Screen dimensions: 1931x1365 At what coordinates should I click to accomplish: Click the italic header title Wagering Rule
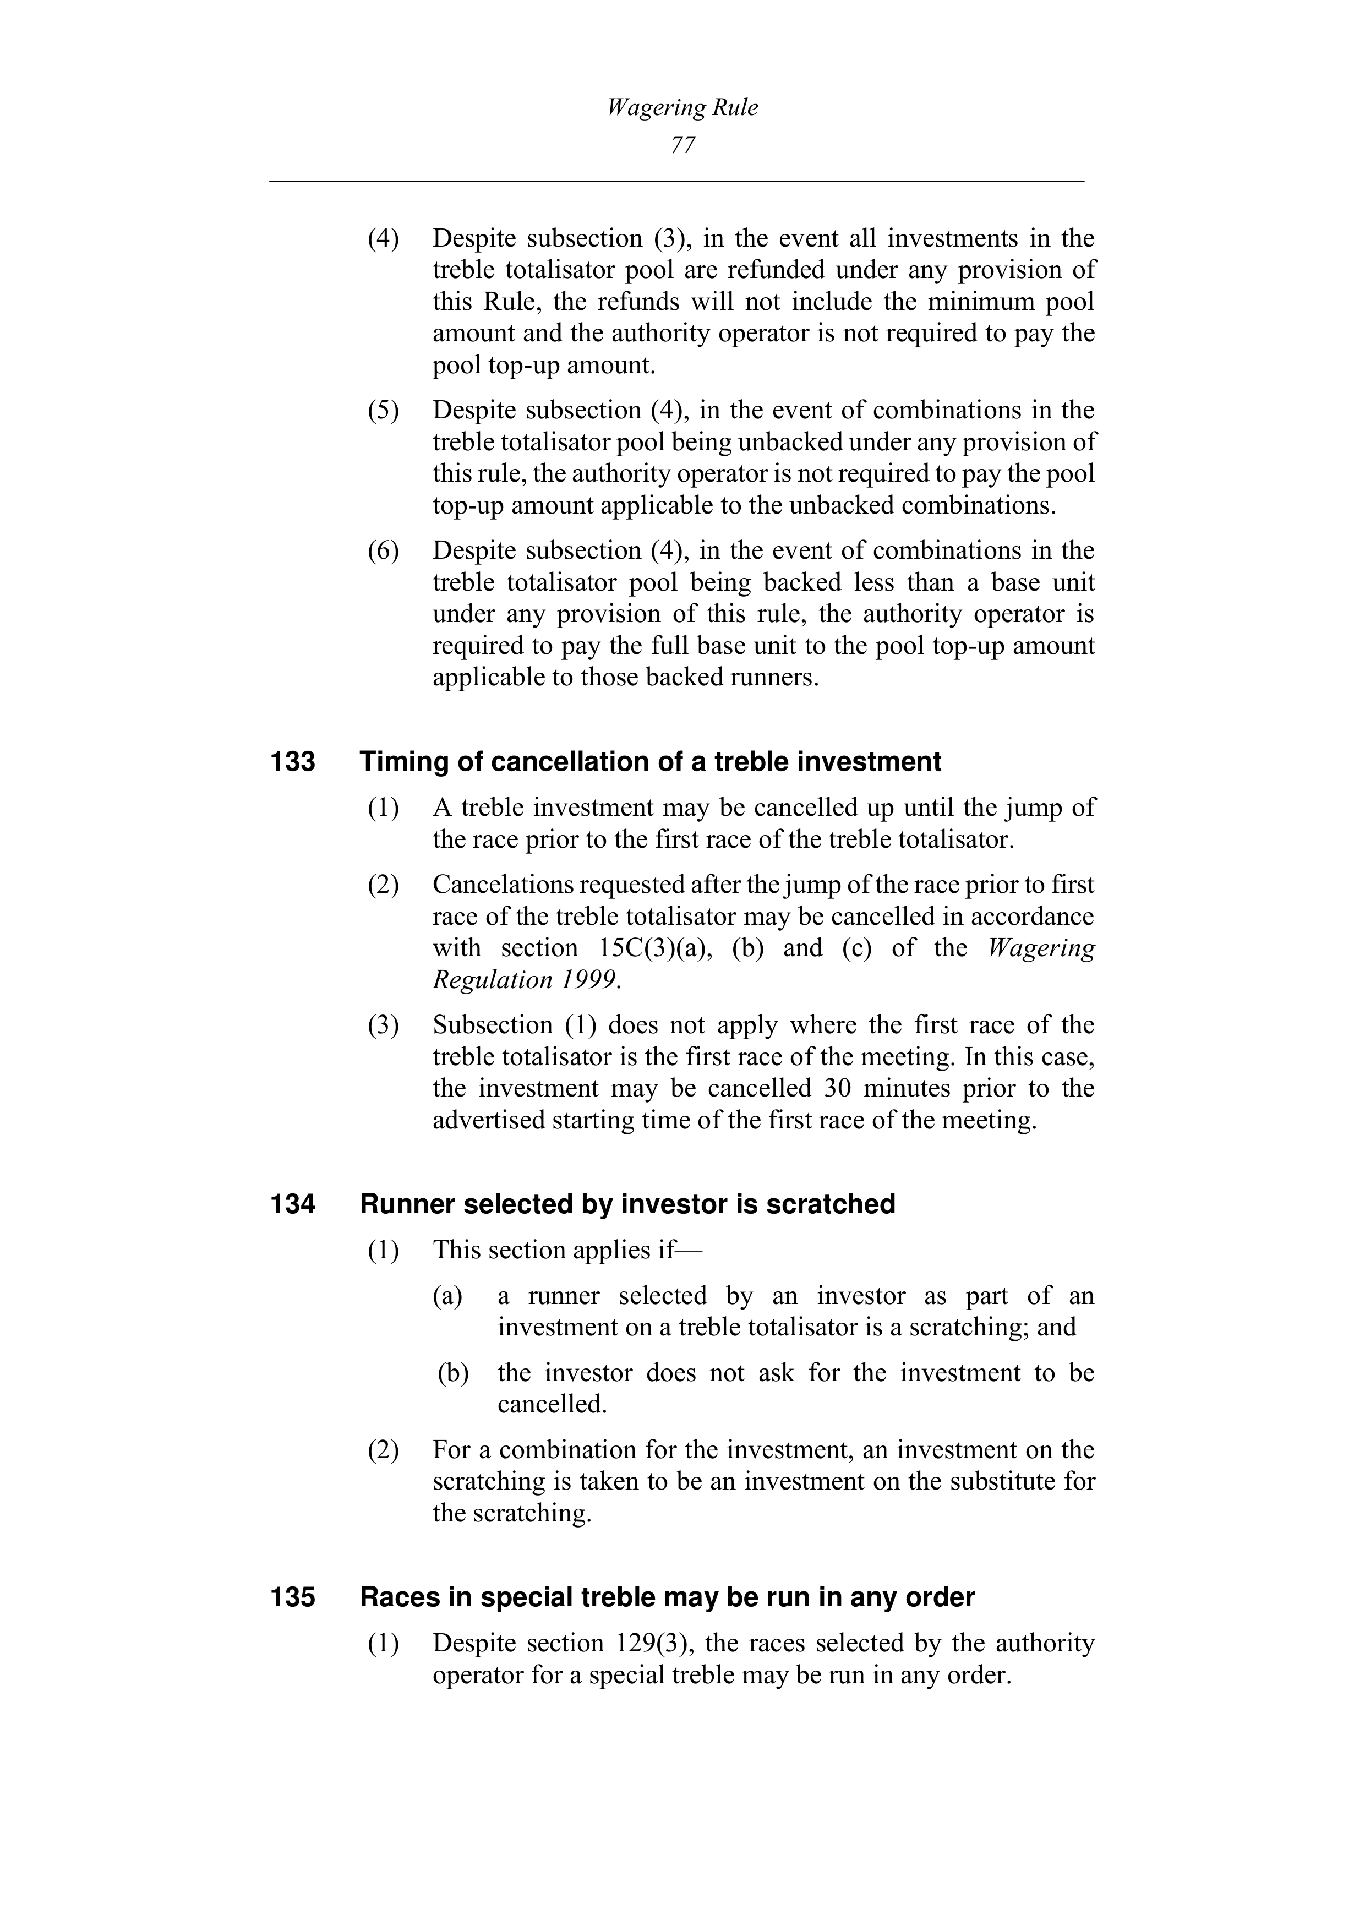[682, 108]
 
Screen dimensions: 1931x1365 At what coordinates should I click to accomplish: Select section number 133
[293, 762]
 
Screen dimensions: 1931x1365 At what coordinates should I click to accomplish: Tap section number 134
[293, 1204]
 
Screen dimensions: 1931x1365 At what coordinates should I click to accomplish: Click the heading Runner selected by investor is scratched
[627, 1204]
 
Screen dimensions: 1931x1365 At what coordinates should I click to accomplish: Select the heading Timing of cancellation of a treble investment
[650, 762]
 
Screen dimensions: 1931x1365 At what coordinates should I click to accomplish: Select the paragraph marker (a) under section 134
[448, 1295]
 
